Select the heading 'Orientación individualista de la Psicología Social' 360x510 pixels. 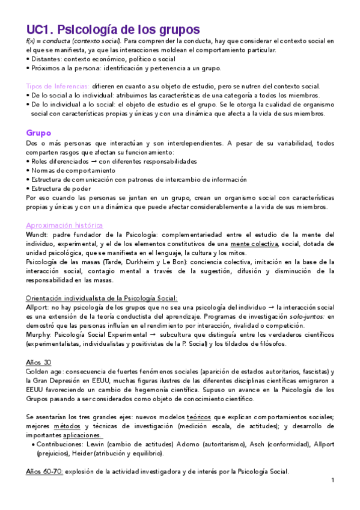[102, 298]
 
